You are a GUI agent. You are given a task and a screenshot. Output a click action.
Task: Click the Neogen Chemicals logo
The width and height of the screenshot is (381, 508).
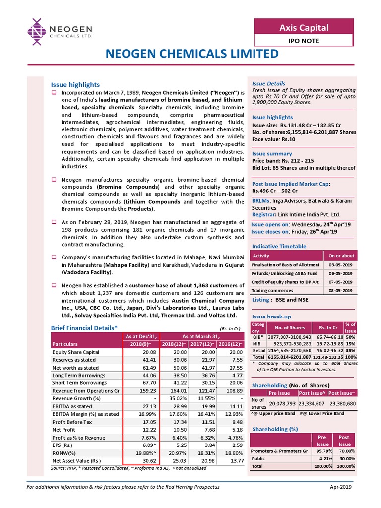tap(54, 31)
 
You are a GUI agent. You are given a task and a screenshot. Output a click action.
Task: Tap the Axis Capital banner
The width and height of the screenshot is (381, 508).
tap(304, 27)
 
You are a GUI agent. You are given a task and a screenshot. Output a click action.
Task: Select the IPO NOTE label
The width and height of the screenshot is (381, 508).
tap(304, 41)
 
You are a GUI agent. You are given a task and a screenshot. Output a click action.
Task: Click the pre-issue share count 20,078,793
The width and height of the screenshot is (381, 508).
tap(282, 403)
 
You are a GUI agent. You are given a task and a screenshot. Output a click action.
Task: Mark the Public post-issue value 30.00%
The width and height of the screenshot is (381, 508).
tap(344, 459)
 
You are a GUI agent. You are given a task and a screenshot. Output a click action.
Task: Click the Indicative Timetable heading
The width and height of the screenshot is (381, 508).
tap(279, 246)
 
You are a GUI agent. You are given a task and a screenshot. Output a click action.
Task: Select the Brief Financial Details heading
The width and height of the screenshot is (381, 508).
tap(84, 328)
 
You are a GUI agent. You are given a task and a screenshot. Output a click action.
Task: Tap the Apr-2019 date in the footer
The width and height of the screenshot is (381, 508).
tap(341, 487)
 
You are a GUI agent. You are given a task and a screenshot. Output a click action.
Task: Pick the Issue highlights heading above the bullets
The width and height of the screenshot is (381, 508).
tap(75, 85)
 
